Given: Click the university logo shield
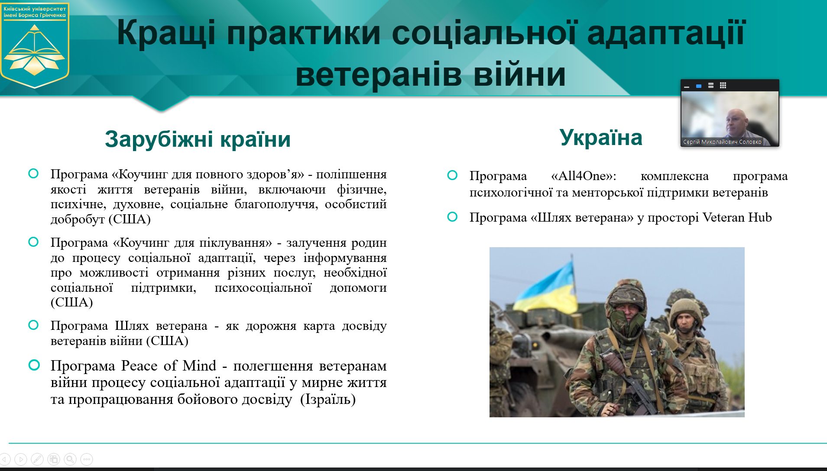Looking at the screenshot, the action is pos(35,45).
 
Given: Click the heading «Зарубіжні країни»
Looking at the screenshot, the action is pos(198,139).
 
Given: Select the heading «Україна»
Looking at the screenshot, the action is pos(601,137).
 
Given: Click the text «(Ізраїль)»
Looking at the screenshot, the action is pos(328,399).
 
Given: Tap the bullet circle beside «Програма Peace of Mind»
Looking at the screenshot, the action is pos(34,365).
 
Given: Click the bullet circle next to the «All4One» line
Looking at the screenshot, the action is pos(452,175).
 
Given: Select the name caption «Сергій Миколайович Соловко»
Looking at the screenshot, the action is pos(722,142).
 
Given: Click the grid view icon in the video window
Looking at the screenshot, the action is pos(723,86).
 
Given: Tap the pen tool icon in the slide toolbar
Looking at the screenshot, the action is pos(37,459).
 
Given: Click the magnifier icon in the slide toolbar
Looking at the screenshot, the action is pos(70,459).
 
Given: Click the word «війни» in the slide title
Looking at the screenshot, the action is pos(519,74).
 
